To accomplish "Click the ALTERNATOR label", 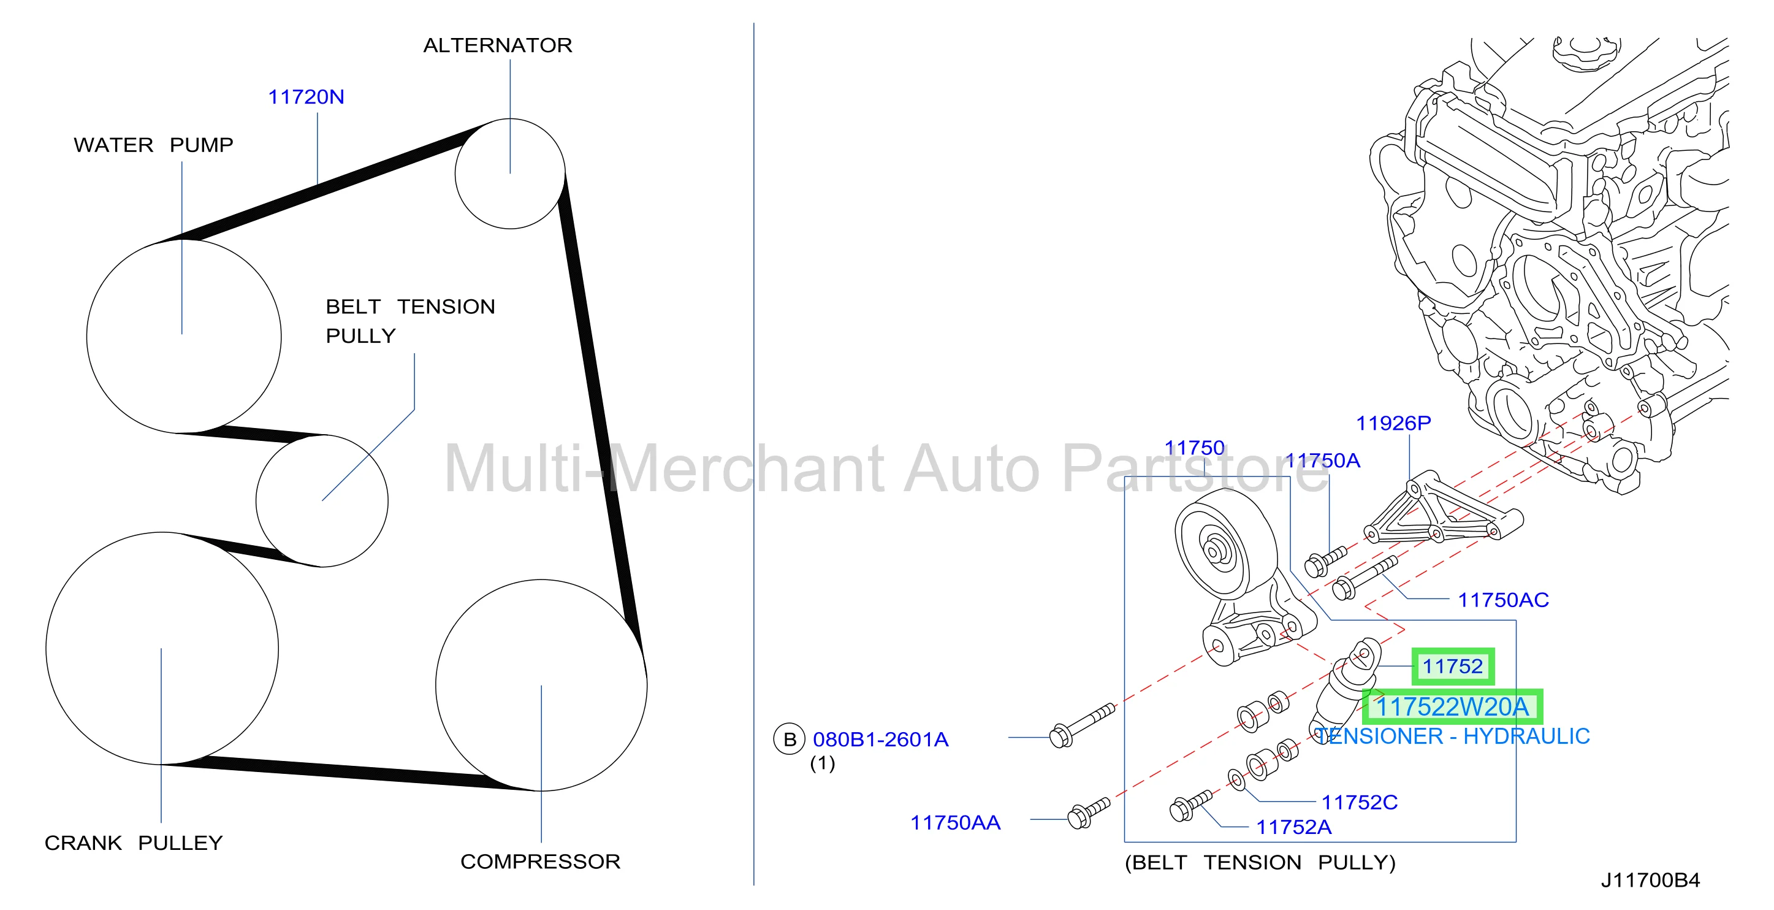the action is click(x=497, y=45).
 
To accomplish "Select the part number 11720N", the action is click(x=306, y=97).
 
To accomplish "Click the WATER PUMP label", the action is click(x=154, y=145).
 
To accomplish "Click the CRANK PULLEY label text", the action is click(x=134, y=843).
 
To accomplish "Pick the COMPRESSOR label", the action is click(x=540, y=862).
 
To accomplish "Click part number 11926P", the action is click(x=1393, y=423).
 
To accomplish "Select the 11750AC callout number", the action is click(x=1503, y=600).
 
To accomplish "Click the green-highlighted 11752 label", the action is click(x=1452, y=666).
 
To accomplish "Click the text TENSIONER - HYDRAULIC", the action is click(x=1452, y=736).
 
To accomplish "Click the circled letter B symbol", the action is click(x=789, y=739).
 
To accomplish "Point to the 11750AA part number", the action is click(x=955, y=822).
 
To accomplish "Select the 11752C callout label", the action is click(x=1360, y=803).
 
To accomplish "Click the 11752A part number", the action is click(x=1293, y=827).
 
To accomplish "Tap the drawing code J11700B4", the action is click(x=1650, y=881).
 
